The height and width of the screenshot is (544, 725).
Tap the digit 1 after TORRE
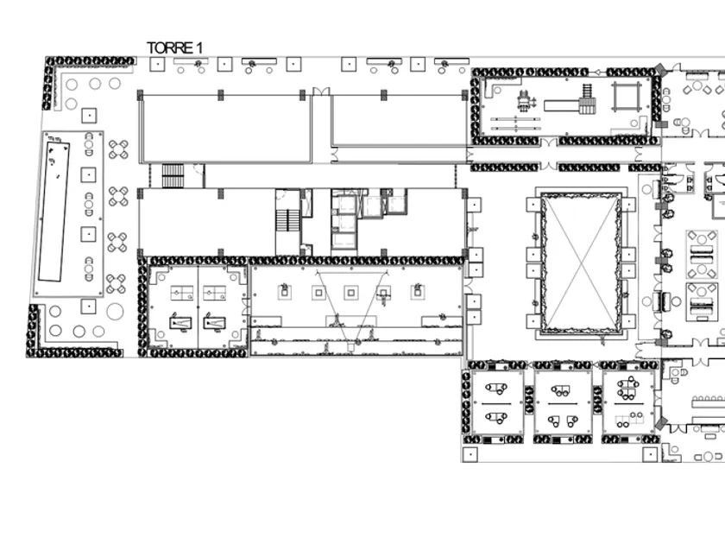pos(199,47)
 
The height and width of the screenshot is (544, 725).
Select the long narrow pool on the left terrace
pos(54,212)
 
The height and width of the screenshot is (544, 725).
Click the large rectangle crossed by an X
pos(581,262)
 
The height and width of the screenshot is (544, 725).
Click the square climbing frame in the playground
pos(627,97)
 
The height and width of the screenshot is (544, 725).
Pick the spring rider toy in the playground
pos(525,101)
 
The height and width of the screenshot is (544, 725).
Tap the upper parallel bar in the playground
pos(515,119)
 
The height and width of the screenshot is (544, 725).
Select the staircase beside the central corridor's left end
pos(173,175)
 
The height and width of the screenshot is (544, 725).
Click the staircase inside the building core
pos(288,220)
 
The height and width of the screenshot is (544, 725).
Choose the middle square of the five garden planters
pos(351,293)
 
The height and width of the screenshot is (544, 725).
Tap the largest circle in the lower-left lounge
pos(115,312)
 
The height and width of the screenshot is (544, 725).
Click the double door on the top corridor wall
pos(321,92)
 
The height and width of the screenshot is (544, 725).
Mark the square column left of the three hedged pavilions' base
pos(470,454)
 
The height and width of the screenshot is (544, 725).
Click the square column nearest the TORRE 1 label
pos(157,64)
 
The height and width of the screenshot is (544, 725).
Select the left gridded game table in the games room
pos(182,294)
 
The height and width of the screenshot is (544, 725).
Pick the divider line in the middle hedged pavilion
pos(562,403)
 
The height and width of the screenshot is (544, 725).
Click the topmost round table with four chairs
pos(118,149)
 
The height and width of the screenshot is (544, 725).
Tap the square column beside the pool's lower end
pos(88,306)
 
